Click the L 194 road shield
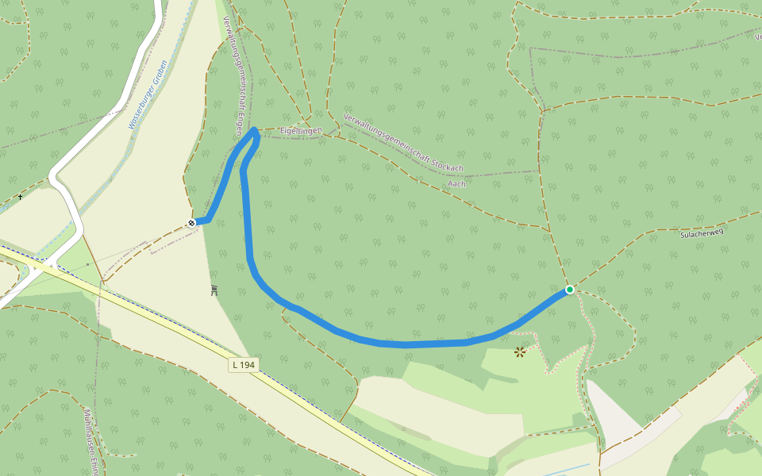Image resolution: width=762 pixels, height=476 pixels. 244,365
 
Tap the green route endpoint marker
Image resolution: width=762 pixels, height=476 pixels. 570,290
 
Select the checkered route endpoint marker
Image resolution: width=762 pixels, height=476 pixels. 191,223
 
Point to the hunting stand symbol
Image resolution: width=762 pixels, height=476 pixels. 214,290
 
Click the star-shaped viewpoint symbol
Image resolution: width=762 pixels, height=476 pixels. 520,351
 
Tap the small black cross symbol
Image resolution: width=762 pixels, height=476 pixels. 20,196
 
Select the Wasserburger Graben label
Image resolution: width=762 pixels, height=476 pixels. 147,94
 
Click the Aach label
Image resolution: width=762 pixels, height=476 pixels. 457,183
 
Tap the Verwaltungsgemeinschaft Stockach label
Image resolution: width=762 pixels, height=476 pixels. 402,143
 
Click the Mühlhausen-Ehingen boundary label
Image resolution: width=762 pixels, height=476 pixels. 92,441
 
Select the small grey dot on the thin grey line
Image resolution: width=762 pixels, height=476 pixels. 87,264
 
